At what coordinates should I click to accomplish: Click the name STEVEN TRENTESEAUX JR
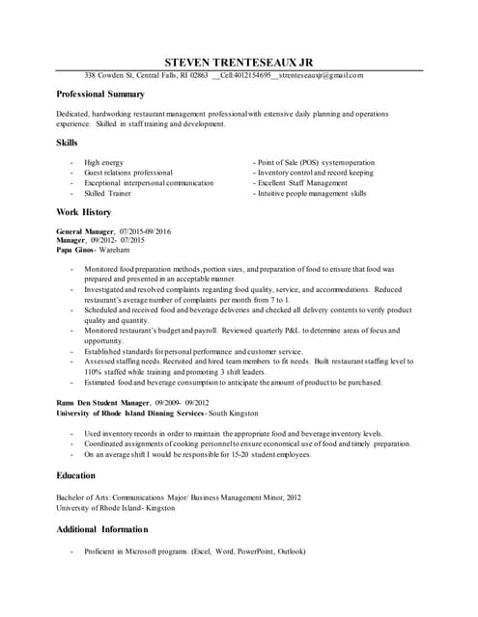pyautogui.click(x=239, y=61)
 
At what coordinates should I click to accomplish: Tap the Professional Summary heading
pyautogui.click(x=100, y=94)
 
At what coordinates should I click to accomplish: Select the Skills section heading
pyautogui.click(x=67, y=143)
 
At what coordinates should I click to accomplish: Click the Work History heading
pyautogui.click(x=84, y=212)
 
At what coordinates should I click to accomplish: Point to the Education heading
pyautogui.click(x=76, y=475)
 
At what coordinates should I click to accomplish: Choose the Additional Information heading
pyautogui.click(x=102, y=529)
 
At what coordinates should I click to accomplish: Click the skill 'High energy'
pyautogui.click(x=104, y=163)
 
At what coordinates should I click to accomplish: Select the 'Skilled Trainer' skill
pyautogui.click(x=108, y=193)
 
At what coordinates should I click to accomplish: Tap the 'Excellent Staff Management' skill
pyautogui.click(x=301, y=182)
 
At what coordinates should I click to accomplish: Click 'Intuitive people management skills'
pyautogui.click(x=311, y=193)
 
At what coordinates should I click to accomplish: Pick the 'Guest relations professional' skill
pyautogui.click(x=128, y=173)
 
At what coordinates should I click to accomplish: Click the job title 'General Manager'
pyautogui.click(x=85, y=232)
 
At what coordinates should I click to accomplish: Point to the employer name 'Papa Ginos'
pyautogui.click(x=75, y=250)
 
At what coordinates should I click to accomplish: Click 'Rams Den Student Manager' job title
pyautogui.click(x=103, y=402)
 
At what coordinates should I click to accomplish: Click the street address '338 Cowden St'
pyautogui.click(x=108, y=75)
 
